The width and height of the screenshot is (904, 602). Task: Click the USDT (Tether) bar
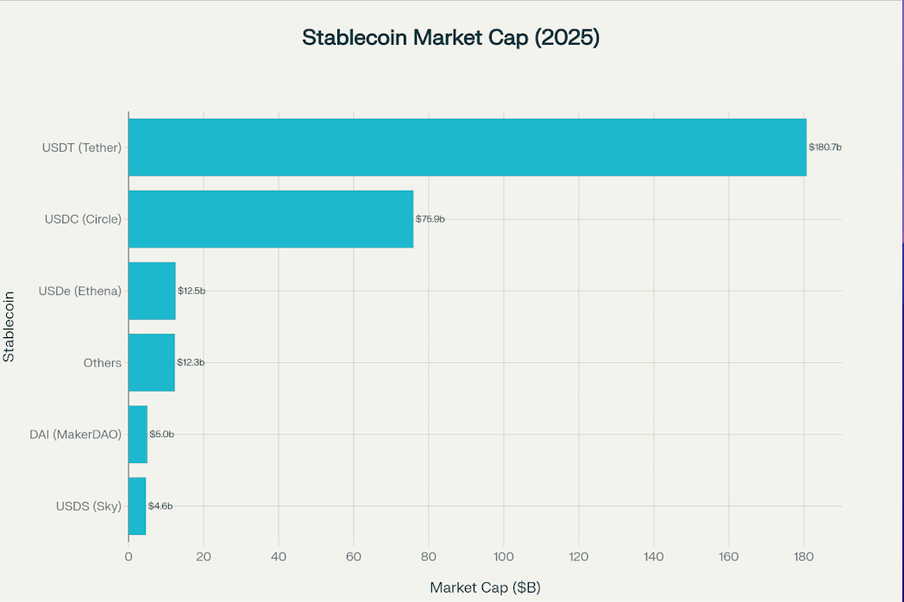467,147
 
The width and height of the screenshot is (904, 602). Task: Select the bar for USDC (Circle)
271,219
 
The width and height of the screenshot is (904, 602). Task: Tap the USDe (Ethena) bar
152,291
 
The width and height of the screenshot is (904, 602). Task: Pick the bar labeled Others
151,362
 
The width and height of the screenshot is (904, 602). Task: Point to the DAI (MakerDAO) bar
138,434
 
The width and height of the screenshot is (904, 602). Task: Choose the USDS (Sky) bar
137,505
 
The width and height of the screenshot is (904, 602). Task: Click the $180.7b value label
825,147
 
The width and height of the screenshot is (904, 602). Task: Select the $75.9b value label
430,219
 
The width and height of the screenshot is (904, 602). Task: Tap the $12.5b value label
191,291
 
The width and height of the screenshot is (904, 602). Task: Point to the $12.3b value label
191,362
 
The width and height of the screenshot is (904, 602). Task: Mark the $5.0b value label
161,434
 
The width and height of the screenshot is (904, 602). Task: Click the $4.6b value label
160,505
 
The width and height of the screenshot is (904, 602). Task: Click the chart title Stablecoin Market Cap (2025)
450,38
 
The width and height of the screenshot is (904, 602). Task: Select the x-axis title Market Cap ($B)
485,587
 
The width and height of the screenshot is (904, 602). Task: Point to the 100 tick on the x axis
504,556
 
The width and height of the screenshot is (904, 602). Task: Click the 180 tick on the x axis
804,556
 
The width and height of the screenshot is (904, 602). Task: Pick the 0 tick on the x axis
129,556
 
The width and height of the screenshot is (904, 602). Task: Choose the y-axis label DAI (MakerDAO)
76,434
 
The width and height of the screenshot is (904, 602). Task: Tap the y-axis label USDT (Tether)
82,147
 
